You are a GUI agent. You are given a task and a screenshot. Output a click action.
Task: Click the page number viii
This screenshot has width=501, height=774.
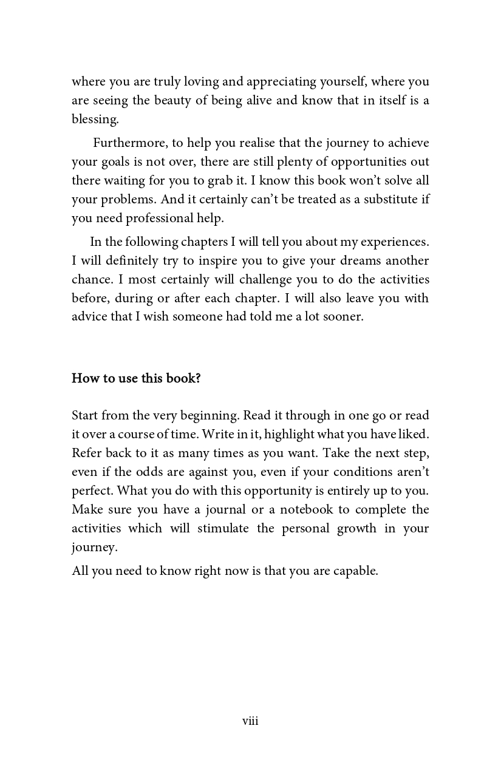250,721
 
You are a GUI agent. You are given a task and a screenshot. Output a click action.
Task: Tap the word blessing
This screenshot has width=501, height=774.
94,120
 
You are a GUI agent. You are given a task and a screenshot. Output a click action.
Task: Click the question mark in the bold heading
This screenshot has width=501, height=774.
197,378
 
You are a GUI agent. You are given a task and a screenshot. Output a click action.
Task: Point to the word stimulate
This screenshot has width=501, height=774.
223,529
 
